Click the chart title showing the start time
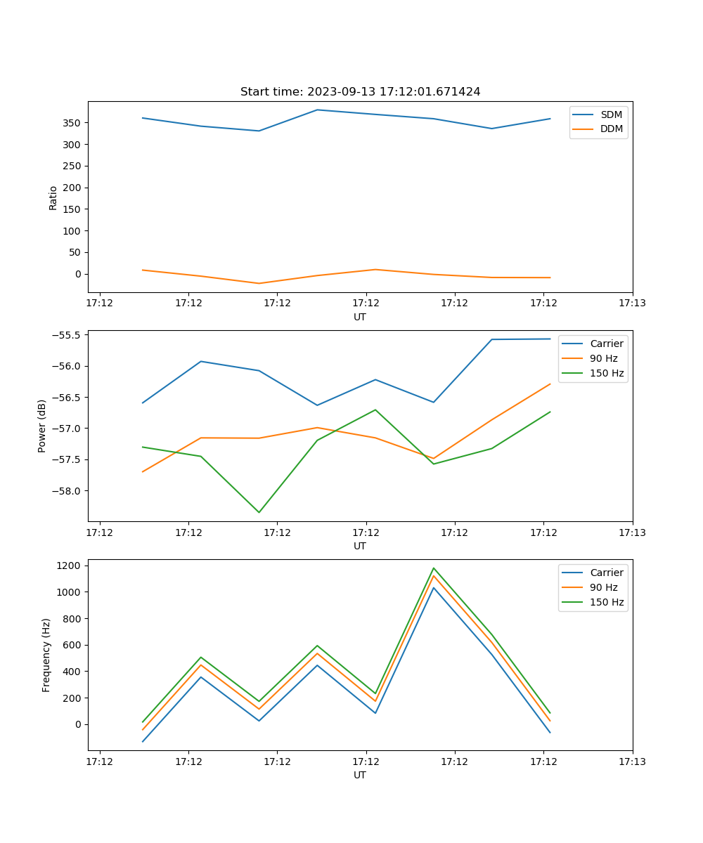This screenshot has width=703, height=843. pyautogui.click(x=360, y=92)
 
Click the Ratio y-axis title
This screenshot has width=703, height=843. pyautogui.click(x=53, y=197)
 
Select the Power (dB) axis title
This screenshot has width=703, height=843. pyautogui.click(x=42, y=426)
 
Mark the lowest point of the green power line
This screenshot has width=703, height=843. pyautogui.click(x=259, y=512)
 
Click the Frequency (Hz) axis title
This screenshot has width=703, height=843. pyautogui.click(x=46, y=655)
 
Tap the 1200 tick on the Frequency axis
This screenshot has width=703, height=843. pyautogui.click(x=70, y=566)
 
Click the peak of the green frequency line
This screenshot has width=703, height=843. pyautogui.click(x=434, y=568)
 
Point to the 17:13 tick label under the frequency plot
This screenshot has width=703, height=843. pyautogui.click(x=632, y=762)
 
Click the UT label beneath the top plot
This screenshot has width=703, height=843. pyautogui.click(x=360, y=317)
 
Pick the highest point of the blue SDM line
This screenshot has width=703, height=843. pyautogui.click(x=317, y=110)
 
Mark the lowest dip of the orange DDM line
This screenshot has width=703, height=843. pyautogui.click(x=259, y=283)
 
